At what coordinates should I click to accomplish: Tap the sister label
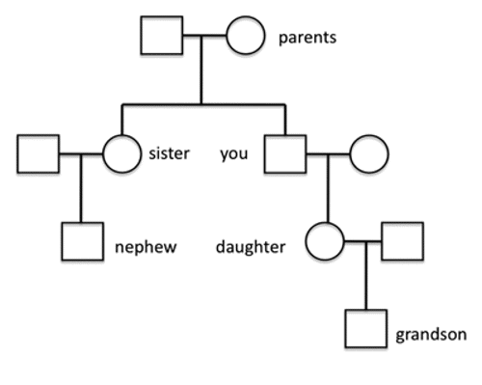170,152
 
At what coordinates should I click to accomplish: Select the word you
234,152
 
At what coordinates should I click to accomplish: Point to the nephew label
145,247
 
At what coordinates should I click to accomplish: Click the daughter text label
251,247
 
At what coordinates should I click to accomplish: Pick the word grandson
431,336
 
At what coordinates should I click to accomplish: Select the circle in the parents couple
245,38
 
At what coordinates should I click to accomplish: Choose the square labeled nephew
82,241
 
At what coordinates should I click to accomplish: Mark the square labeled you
286,152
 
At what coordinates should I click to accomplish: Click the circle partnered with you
368,152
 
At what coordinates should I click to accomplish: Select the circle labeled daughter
325,241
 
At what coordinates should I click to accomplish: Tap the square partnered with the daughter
402,241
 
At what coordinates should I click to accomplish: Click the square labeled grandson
366,329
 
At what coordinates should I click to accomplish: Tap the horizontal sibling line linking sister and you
203,104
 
